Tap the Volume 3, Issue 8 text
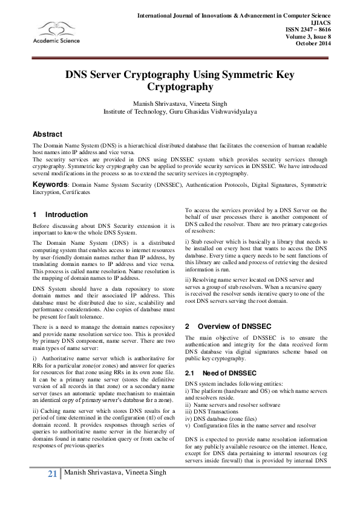(x=309, y=36)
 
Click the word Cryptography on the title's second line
(x=180, y=86)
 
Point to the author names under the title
(x=180, y=104)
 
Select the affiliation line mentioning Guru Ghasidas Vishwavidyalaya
(x=180, y=112)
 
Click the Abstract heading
(x=47, y=134)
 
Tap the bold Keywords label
(x=50, y=183)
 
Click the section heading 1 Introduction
(x=61, y=215)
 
